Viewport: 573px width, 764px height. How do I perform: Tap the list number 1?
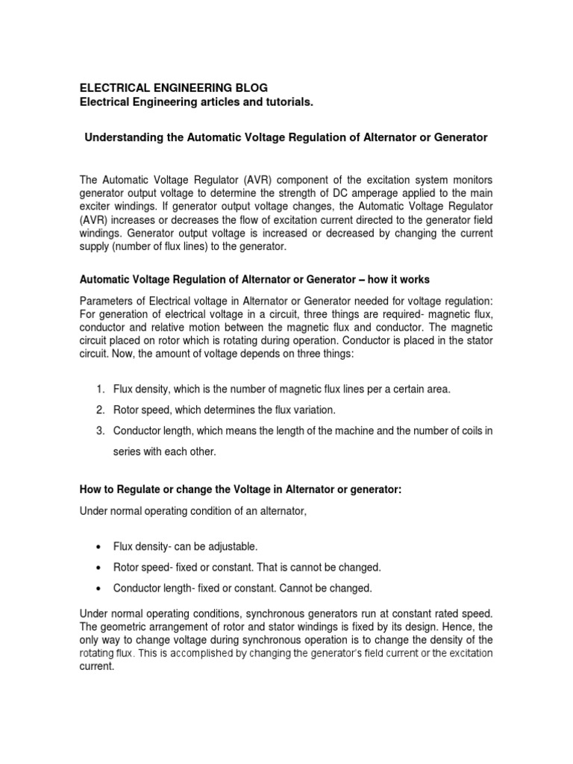pos(99,389)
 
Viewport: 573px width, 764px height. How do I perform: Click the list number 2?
pos(99,410)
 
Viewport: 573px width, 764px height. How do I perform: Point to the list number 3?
pos(99,430)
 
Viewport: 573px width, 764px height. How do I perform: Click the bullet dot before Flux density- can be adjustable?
pos(100,547)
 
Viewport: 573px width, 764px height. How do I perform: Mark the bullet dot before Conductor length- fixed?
pos(100,589)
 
